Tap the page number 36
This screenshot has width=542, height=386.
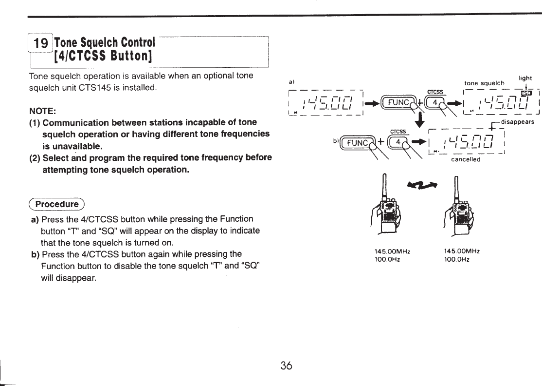point(286,366)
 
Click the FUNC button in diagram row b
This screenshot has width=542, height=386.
point(355,143)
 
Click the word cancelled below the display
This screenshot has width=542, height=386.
point(466,159)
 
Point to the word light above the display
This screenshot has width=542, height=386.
point(525,77)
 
